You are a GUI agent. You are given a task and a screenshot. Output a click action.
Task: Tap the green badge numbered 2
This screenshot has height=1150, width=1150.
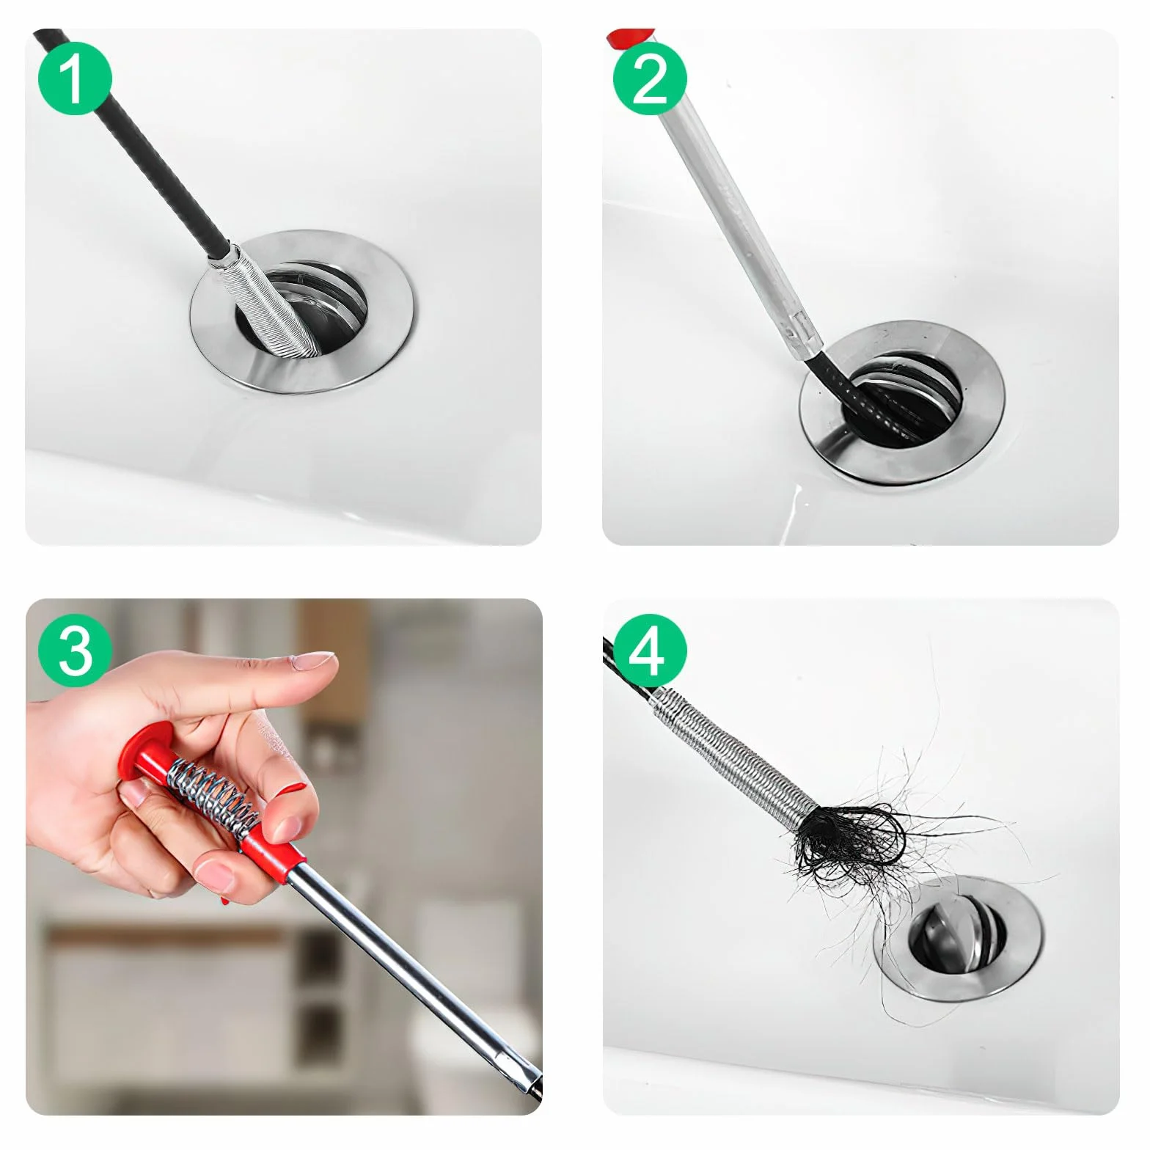click(x=650, y=79)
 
